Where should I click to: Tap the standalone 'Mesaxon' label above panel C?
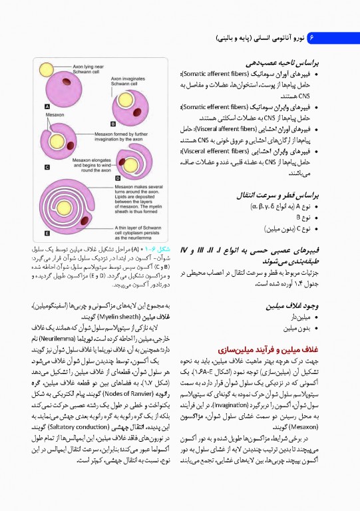pyautogui.click(x=55, y=115)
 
